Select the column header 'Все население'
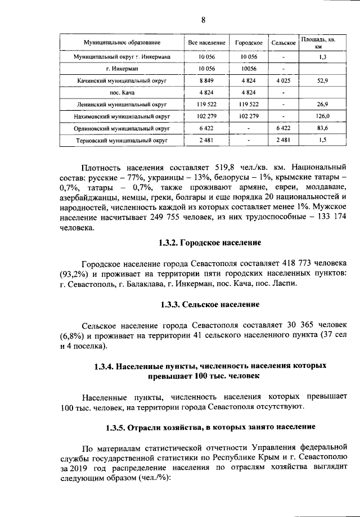tap(206, 43)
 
